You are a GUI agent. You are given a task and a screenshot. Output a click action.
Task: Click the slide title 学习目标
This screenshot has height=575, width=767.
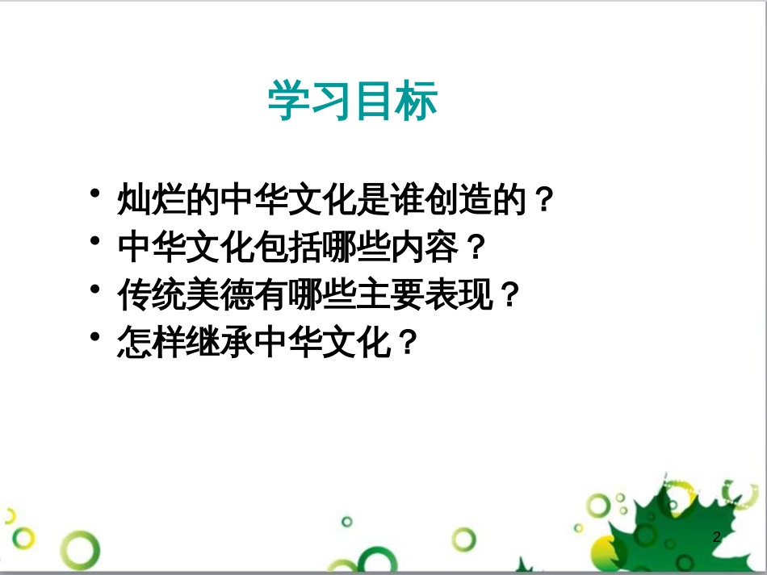[x=353, y=102]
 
